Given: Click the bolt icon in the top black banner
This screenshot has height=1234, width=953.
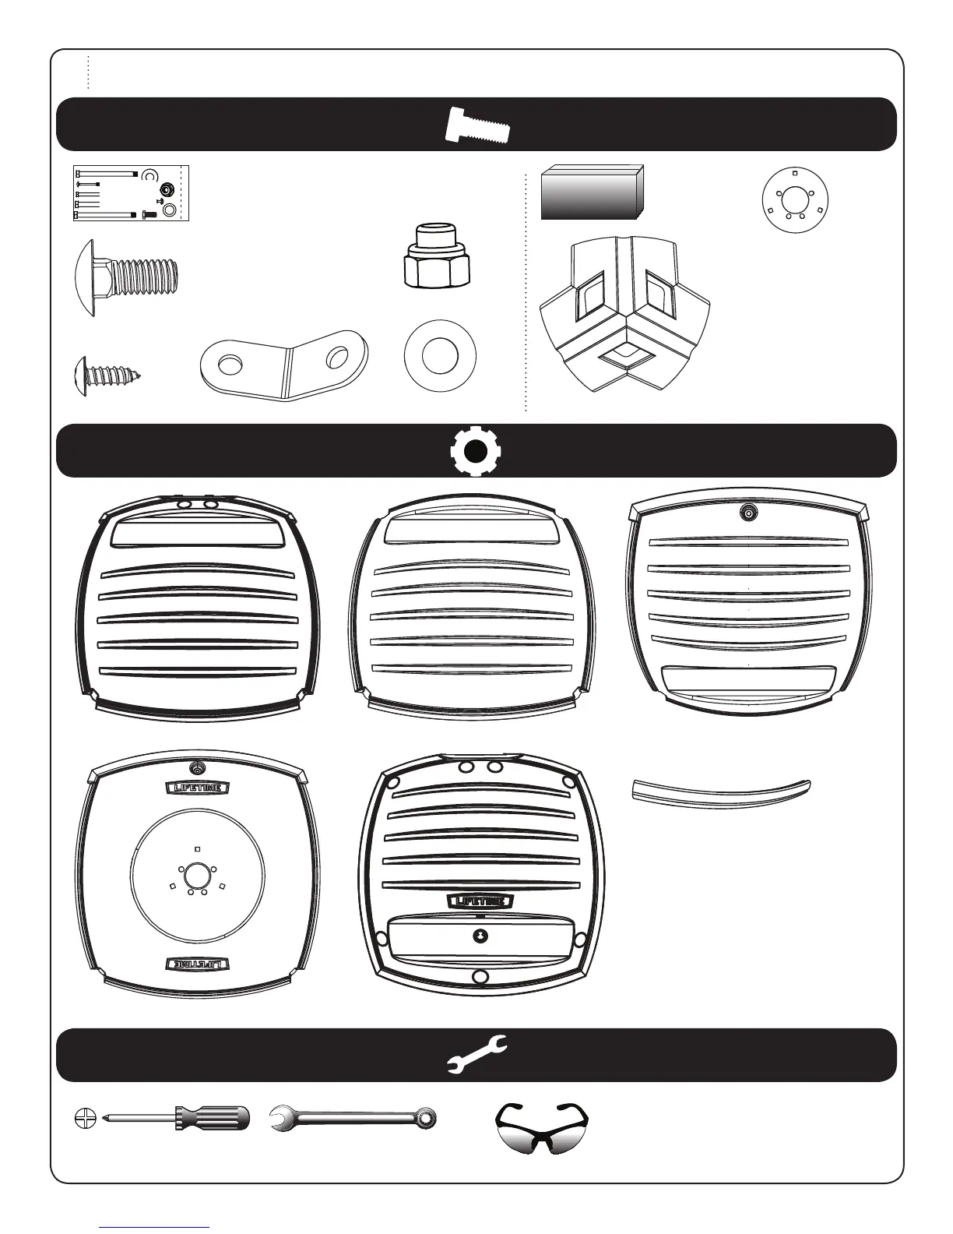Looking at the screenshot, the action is (477, 125).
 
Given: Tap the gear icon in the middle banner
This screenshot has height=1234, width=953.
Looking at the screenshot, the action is (476, 451).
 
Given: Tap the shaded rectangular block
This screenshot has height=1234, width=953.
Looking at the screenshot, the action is (592, 192).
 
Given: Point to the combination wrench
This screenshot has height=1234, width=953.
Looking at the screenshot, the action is (353, 1119).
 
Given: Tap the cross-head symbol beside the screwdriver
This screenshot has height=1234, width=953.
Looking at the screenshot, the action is (83, 1118).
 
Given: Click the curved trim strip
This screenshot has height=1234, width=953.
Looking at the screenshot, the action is (720, 792).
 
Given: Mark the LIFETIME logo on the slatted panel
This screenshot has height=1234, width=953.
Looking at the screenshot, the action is (480, 901).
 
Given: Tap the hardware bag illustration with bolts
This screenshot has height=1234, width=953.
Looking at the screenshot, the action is (132, 193).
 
